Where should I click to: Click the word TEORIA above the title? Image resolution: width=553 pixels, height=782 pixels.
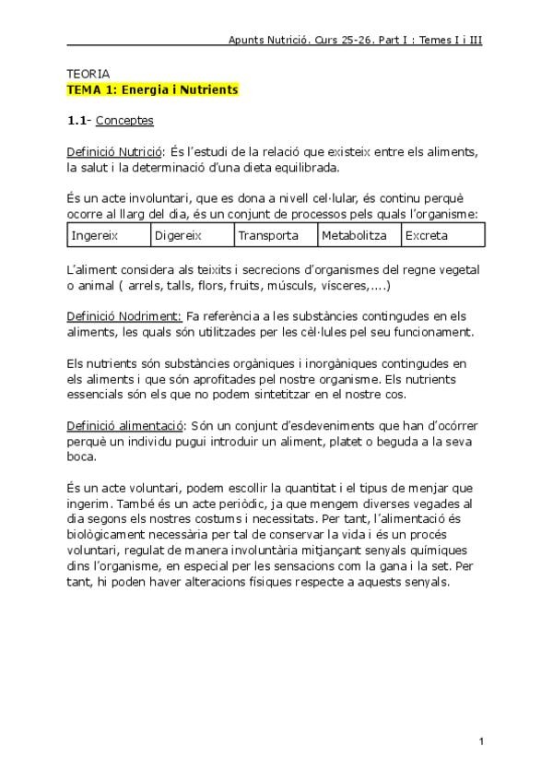88,74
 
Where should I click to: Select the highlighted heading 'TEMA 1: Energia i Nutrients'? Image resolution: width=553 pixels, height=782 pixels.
152,89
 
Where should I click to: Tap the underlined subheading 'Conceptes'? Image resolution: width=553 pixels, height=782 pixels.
124,121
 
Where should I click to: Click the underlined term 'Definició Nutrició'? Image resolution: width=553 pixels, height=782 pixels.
115,152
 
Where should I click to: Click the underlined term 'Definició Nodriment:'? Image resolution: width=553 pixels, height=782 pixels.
124,315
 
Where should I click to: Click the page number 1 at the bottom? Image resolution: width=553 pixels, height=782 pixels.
481,741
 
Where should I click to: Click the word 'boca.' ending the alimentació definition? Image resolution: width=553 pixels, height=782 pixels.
81,456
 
